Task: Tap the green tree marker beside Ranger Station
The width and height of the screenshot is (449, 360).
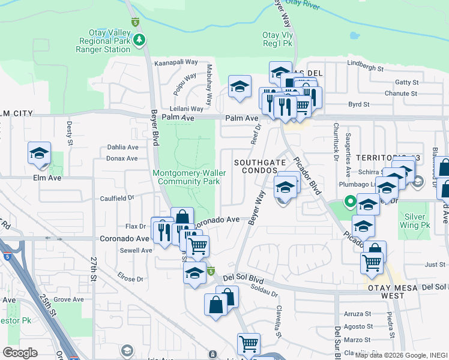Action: (x=140, y=40)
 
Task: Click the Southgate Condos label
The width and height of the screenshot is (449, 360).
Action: (x=259, y=166)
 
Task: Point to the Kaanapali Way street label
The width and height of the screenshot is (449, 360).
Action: (x=176, y=62)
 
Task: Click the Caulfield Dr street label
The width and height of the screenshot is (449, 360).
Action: (x=116, y=197)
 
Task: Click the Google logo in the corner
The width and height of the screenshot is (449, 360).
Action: (x=20, y=353)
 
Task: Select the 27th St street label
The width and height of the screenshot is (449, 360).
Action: (x=94, y=270)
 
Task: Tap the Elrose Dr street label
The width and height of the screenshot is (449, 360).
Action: (x=130, y=279)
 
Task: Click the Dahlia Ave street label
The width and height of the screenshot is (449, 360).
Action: (x=122, y=147)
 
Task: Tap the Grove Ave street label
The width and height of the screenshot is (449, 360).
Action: (x=68, y=299)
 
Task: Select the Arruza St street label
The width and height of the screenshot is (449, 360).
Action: (x=358, y=314)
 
